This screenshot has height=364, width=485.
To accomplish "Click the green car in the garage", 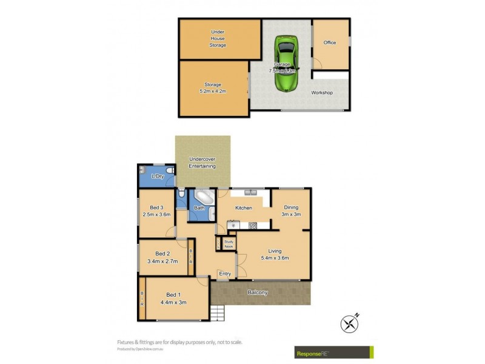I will tap(285, 64).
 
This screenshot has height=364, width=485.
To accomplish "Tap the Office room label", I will tap(330, 42).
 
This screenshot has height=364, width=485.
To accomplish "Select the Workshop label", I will tap(322, 93).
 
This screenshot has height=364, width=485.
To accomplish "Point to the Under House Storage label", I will tap(218, 38).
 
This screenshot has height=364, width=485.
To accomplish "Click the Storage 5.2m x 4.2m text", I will tap(212, 88).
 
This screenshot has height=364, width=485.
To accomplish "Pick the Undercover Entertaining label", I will tap(202, 162).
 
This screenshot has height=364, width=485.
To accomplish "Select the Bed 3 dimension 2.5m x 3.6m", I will tap(156, 214).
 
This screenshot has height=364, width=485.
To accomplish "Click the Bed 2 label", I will tap(161, 254).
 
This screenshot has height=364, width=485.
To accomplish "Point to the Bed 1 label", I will tap(173, 295).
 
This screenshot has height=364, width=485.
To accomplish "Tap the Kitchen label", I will tap(243, 208).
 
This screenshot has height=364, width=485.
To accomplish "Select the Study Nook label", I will tap(229, 244).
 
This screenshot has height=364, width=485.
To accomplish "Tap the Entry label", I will tap(225, 274).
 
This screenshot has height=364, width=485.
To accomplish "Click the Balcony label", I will tap(258, 292).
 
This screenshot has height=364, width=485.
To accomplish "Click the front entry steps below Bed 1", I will tap(218, 312).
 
